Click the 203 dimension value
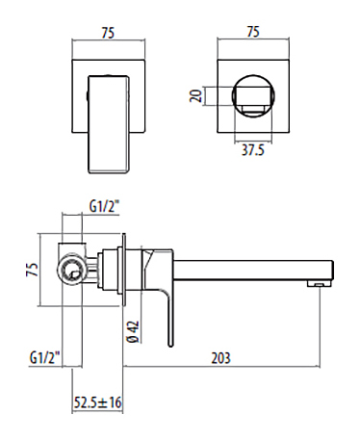220,358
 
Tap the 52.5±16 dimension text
98,402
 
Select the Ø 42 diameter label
133,331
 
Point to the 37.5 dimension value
253,150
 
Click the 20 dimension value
195,95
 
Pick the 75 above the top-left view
108,33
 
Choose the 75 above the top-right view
253,32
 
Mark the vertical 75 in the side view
32,270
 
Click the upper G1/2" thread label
104,206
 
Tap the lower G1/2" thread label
45,357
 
